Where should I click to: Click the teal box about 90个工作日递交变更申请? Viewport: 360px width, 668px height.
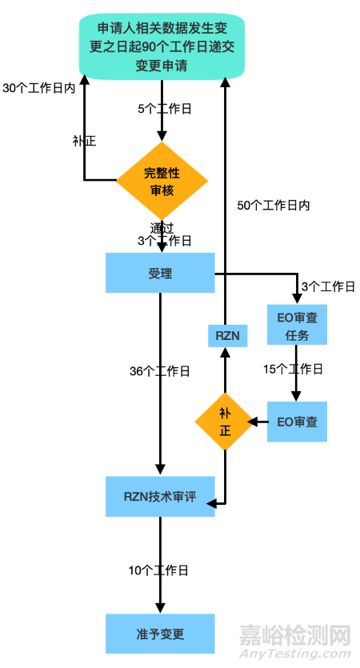(162, 46)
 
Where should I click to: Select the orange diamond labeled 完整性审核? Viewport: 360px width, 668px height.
(162, 181)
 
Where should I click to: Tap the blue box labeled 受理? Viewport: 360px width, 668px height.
(160, 273)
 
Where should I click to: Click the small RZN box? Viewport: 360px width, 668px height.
(227, 336)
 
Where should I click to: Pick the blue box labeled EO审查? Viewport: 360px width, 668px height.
(297, 422)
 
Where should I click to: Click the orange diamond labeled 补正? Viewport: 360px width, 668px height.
(225, 422)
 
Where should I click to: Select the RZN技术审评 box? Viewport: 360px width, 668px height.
(160, 496)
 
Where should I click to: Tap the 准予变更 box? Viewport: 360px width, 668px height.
(160, 634)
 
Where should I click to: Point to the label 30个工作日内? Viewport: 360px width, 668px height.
(38, 88)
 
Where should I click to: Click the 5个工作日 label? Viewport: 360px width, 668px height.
(165, 109)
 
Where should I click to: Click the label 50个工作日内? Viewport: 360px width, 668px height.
(274, 206)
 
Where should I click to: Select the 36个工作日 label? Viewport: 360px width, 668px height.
(160, 371)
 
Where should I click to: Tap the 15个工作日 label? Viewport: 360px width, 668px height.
(293, 370)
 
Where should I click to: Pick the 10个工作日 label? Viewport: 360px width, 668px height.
(158, 570)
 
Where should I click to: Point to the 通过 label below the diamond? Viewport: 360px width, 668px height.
(162, 228)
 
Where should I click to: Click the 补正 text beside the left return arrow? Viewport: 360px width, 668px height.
(84, 141)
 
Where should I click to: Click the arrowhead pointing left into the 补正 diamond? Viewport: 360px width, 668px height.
(252, 422)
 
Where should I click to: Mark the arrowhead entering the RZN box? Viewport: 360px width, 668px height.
(225, 352)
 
